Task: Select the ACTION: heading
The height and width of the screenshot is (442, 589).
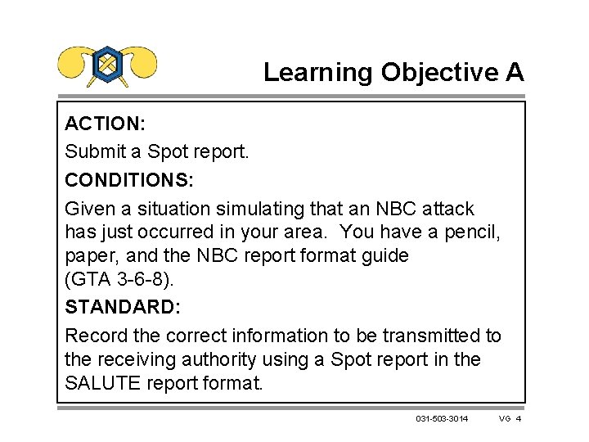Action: pos(105,124)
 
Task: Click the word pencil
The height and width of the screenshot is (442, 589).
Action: pos(470,232)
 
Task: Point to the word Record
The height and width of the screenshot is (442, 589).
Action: pos(93,336)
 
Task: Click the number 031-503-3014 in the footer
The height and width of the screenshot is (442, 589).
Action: pos(442,419)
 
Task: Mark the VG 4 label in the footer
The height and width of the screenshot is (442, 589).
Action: pos(510,419)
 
